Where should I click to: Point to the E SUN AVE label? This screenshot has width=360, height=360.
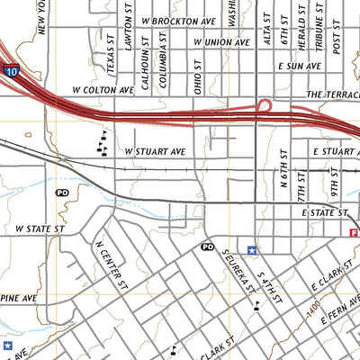point(300,67)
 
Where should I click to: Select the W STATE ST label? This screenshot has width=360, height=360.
point(41,230)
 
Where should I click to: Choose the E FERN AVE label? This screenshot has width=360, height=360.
point(334,319)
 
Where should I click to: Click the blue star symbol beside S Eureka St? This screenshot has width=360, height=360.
point(253,250)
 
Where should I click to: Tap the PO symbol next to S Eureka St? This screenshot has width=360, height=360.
point(207,247)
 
